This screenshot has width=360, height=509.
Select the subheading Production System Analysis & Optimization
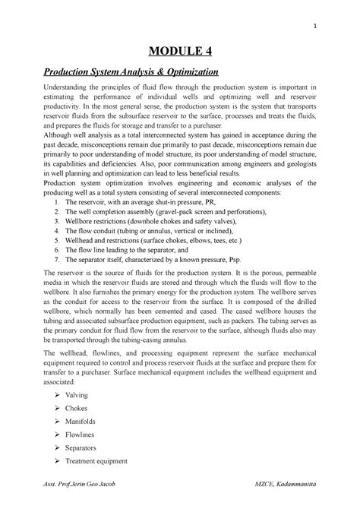pos(122,72)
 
